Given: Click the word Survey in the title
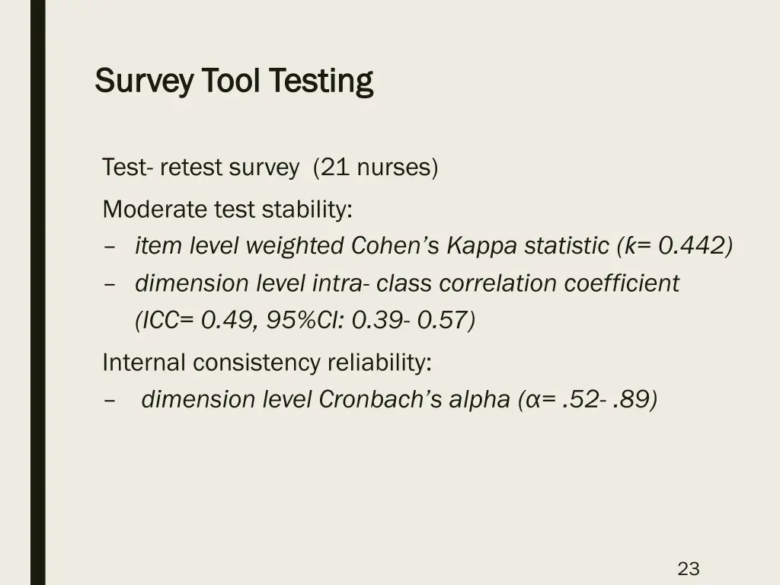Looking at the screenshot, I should coord(143,81).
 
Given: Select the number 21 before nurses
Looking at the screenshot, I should coord(334,168).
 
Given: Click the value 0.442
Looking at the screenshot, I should coord(691,245).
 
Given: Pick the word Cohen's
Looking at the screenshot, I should coord(396,245).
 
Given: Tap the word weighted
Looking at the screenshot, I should coord(296,245).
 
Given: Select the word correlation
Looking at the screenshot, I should coord(498,283).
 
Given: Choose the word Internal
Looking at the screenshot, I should coord(144,363).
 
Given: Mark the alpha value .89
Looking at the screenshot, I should coord(634,399).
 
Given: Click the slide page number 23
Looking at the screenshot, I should coord(689,568).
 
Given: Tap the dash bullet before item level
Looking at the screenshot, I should coord(110,246).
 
